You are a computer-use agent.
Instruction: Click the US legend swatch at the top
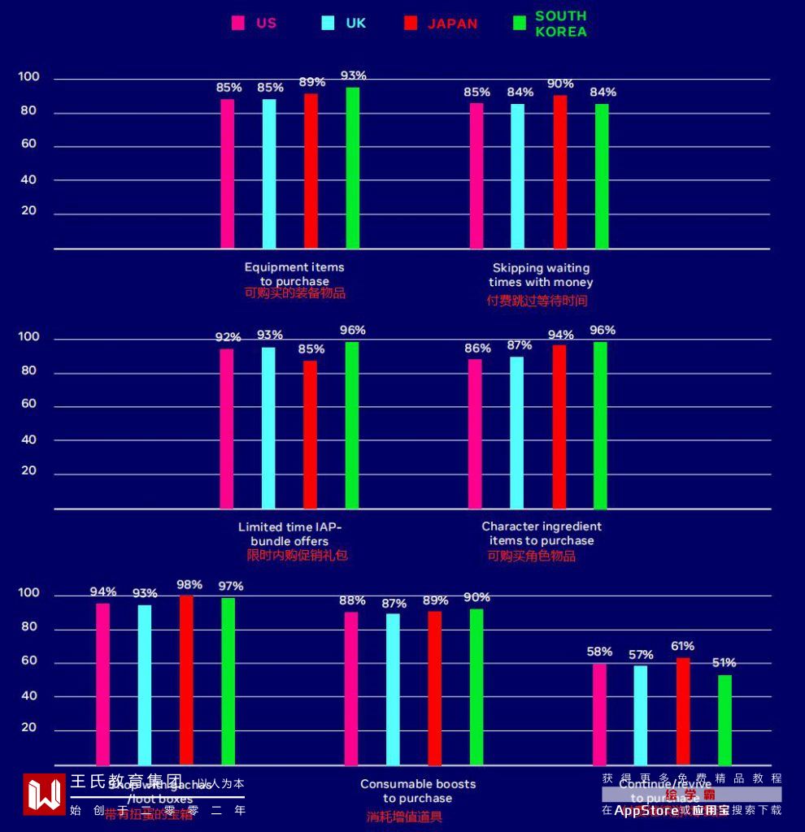tap(238, 23)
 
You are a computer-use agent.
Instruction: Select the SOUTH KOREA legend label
tap(560, 24)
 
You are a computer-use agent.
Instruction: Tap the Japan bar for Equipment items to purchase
tap(311, 171)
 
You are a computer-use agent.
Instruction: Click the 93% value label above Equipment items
tap(353, 76)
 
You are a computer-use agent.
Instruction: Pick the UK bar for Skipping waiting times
tap(517, 175)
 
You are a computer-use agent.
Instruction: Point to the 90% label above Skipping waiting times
tap(560, 84)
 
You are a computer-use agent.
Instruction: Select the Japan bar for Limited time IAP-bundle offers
tap(310, 434)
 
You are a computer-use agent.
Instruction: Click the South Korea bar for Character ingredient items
tap(600, 425)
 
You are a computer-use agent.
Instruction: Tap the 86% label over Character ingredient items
tap(477, 349)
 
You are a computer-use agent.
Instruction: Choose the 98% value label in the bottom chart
tap(189, 584)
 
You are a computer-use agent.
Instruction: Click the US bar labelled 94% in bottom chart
tap(102, 684)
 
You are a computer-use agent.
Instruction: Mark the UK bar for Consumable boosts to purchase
tap(393, 689)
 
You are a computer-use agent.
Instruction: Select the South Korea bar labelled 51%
tap(724, 720)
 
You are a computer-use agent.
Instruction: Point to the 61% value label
tap(682, 646)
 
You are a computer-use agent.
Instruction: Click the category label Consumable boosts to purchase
tap(418, 791)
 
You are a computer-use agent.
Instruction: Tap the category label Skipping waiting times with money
tap(541, 275)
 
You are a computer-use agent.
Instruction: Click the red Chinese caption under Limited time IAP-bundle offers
tap(297, 556)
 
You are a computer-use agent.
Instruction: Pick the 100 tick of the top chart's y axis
tap(28, 77)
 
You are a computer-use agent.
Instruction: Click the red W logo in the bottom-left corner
tap(44, 795)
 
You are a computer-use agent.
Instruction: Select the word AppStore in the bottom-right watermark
tap(646, 810)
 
